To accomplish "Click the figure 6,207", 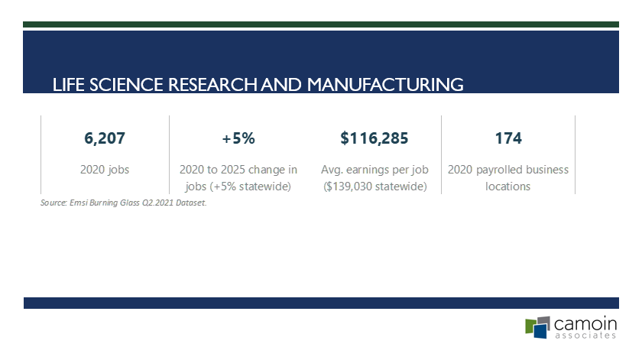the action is click(105, 138).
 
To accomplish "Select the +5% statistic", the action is click(238, 138).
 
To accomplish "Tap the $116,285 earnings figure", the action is click(374, 138).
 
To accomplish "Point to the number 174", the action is click(508, 138).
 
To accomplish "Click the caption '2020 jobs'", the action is click(105, 170).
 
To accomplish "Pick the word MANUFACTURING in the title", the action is click(385, 85).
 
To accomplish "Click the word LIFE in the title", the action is click(68, 85).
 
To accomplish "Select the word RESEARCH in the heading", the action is click(212, 85).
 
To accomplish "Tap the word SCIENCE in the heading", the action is click(126, 85).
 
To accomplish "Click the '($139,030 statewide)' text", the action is click(375, 186).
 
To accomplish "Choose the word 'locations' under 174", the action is click(507, 186).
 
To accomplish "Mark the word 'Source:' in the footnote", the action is click(53, 203).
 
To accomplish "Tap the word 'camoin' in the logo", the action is click(585, 324).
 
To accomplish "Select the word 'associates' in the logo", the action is click(585, 336).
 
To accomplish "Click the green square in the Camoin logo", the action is click(530, 326).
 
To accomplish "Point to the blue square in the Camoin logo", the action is click(541, 331).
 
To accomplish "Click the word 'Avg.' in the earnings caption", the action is click(332, 170).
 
